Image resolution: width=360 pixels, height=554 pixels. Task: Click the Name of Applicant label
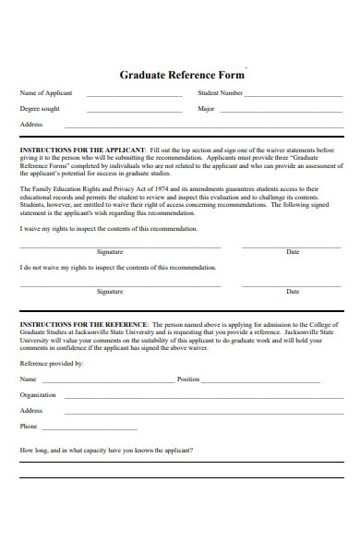click(46, 93)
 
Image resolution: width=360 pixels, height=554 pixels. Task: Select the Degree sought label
click(40, 108)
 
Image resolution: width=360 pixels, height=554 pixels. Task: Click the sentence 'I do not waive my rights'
click(118, 268)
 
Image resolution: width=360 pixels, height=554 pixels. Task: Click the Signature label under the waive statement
click(110, 251)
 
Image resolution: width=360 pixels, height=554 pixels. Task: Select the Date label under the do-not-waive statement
click(293, 292)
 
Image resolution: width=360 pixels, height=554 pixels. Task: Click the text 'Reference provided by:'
click(52, 364)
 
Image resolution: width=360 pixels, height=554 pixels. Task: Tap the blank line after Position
click(261, 380)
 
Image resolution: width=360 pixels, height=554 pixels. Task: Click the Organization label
click(38, 394)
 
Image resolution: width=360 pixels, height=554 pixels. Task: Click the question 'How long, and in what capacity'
click(106, 451)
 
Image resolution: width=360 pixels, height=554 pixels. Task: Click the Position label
click(188, 379)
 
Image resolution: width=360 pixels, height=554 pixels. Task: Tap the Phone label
click(29, 427)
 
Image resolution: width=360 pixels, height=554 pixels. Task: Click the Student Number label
click(221, 93)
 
